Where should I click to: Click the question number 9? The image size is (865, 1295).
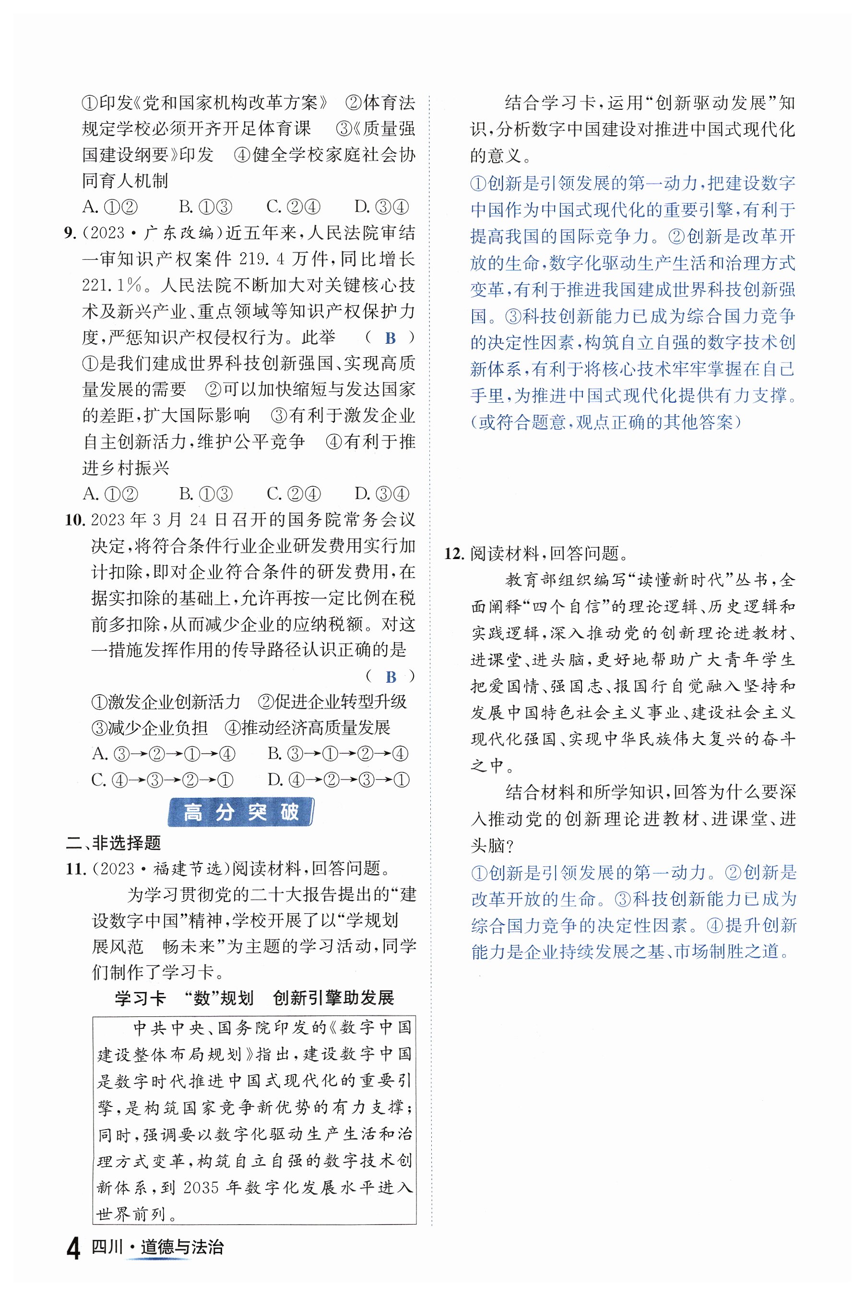(x=70, y=233)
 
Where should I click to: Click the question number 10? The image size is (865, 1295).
(x=74, y=520)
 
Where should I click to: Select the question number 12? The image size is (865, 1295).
(x=454, y=553)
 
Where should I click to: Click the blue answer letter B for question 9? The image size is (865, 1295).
(x=391, y=338)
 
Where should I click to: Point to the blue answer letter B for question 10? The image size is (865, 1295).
(x=391, y=677)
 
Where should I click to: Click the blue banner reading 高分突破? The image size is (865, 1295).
(x=240, y=812)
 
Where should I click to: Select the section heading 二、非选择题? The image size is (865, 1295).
(x=113, y=842)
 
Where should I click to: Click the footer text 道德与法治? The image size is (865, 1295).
(x=182, y=1248)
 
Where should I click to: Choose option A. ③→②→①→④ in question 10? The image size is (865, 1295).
(x=164, y=754)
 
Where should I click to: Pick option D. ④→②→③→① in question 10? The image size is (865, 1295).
(x=338, y=780)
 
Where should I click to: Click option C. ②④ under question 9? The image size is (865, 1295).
(x=293, y=494)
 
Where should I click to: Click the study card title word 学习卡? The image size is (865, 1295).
(x=140, y=998)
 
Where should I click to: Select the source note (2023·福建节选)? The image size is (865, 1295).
(x=161, y=869)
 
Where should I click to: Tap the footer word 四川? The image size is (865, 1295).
(x=107, y=1248)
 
